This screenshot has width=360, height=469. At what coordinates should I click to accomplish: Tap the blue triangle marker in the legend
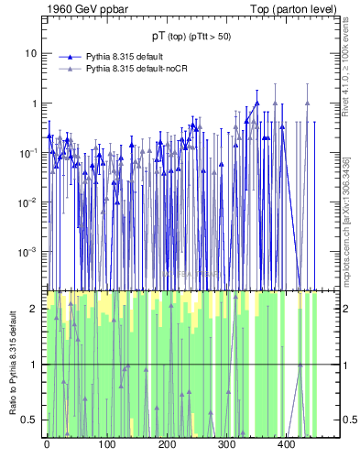point(68,56)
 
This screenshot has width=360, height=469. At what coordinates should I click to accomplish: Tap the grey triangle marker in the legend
point(68,69)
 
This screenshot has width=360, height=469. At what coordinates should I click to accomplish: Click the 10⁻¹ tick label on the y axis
point(30,152)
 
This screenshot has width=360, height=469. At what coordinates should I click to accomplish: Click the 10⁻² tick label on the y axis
point(30,202)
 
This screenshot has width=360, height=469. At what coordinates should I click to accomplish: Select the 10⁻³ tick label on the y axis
point(30,251)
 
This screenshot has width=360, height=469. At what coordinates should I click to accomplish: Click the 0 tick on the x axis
point(47,444)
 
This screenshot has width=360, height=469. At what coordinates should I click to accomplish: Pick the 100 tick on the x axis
point(107,444)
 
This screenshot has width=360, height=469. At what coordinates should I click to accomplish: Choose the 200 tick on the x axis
point(167,444)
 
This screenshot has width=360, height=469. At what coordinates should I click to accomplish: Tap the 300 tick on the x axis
point(227,444)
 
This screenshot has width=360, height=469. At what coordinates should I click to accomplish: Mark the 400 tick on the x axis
point(287,444)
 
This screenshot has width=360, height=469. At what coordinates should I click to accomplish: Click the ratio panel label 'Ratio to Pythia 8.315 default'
point(13,364)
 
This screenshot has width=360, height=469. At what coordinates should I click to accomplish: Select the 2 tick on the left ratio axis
point(37,309)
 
